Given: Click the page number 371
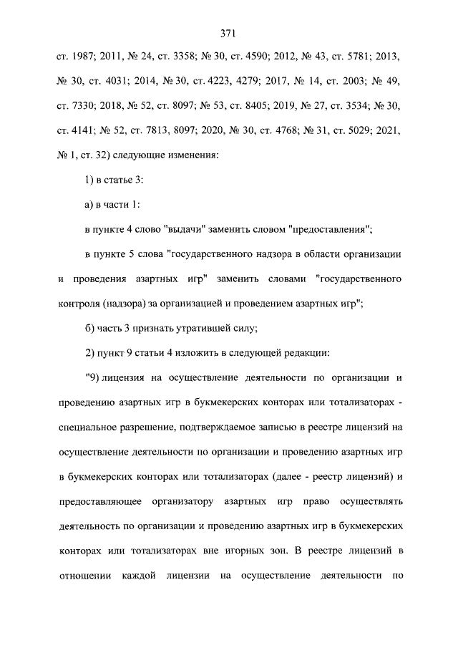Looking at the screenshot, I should coord(228,33).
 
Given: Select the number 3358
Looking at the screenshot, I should coord(196,55).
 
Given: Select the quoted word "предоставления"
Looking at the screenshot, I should coord(330,229).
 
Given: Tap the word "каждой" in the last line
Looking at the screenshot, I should coord(137,575).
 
